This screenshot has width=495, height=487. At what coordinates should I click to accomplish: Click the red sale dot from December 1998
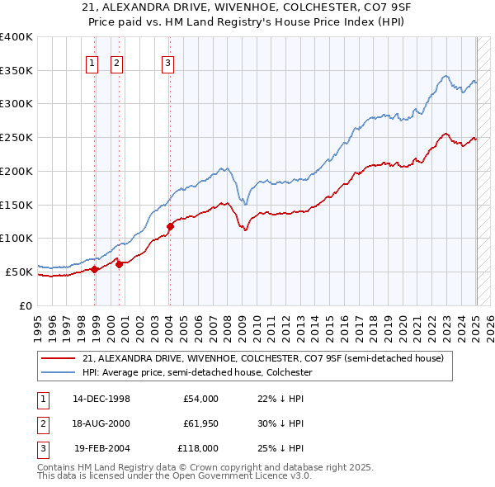(x=95, y=269)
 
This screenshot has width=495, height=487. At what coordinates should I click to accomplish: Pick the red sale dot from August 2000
(x=119, y=264)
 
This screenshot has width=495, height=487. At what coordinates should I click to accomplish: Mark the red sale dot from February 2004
(x=170, y=226)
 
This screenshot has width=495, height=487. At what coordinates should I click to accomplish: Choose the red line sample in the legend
(x=59, y=358)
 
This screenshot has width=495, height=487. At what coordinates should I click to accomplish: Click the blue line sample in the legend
(x=59, y=372)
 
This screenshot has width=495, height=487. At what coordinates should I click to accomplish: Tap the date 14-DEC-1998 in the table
(x=101, y=399)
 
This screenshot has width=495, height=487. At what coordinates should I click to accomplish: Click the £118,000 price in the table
(x=199, y=448)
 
